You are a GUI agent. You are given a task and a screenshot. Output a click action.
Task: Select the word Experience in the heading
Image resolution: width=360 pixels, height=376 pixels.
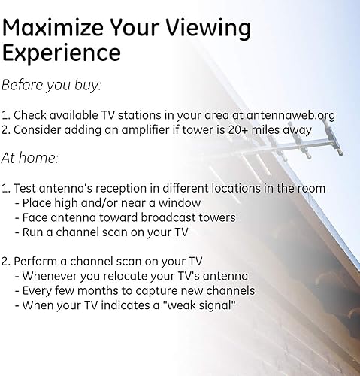coord(62,53)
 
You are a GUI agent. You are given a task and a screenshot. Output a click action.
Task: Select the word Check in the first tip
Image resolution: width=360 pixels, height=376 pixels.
coord(30,115)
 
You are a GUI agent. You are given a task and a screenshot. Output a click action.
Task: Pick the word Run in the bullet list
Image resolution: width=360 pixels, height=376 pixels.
coord(34,232)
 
